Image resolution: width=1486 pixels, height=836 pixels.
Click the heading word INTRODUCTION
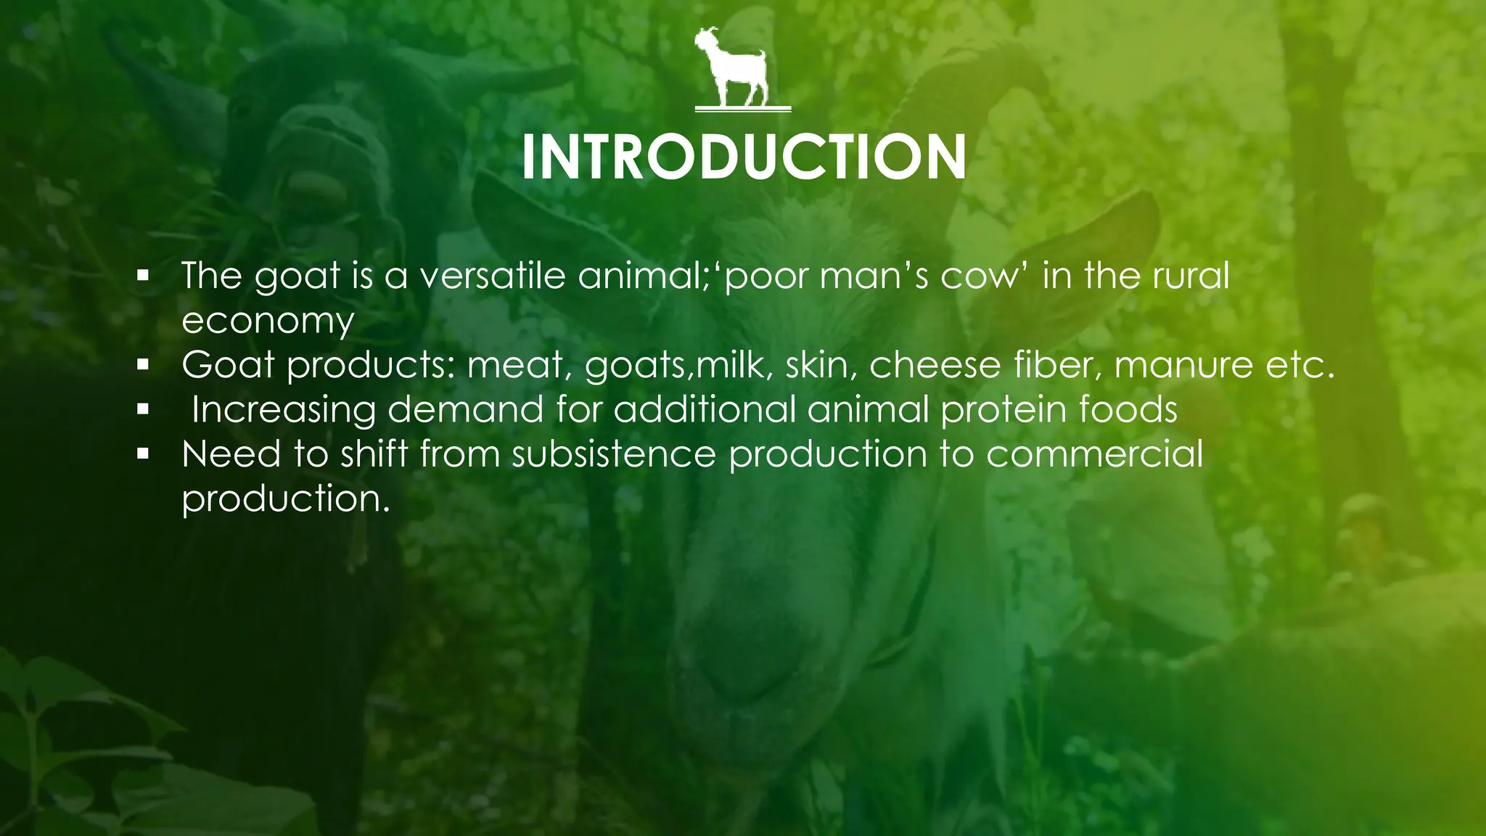(743, 157)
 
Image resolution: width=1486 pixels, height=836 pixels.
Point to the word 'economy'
(268, 321)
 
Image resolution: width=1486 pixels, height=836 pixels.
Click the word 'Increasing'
(284, 410)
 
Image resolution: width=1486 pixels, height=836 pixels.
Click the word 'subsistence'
(614, 454)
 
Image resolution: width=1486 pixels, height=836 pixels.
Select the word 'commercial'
(1094, 454)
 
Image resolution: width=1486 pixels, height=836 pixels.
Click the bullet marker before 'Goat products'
(143, 365)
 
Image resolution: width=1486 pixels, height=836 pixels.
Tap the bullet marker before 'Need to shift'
(143, 455)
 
